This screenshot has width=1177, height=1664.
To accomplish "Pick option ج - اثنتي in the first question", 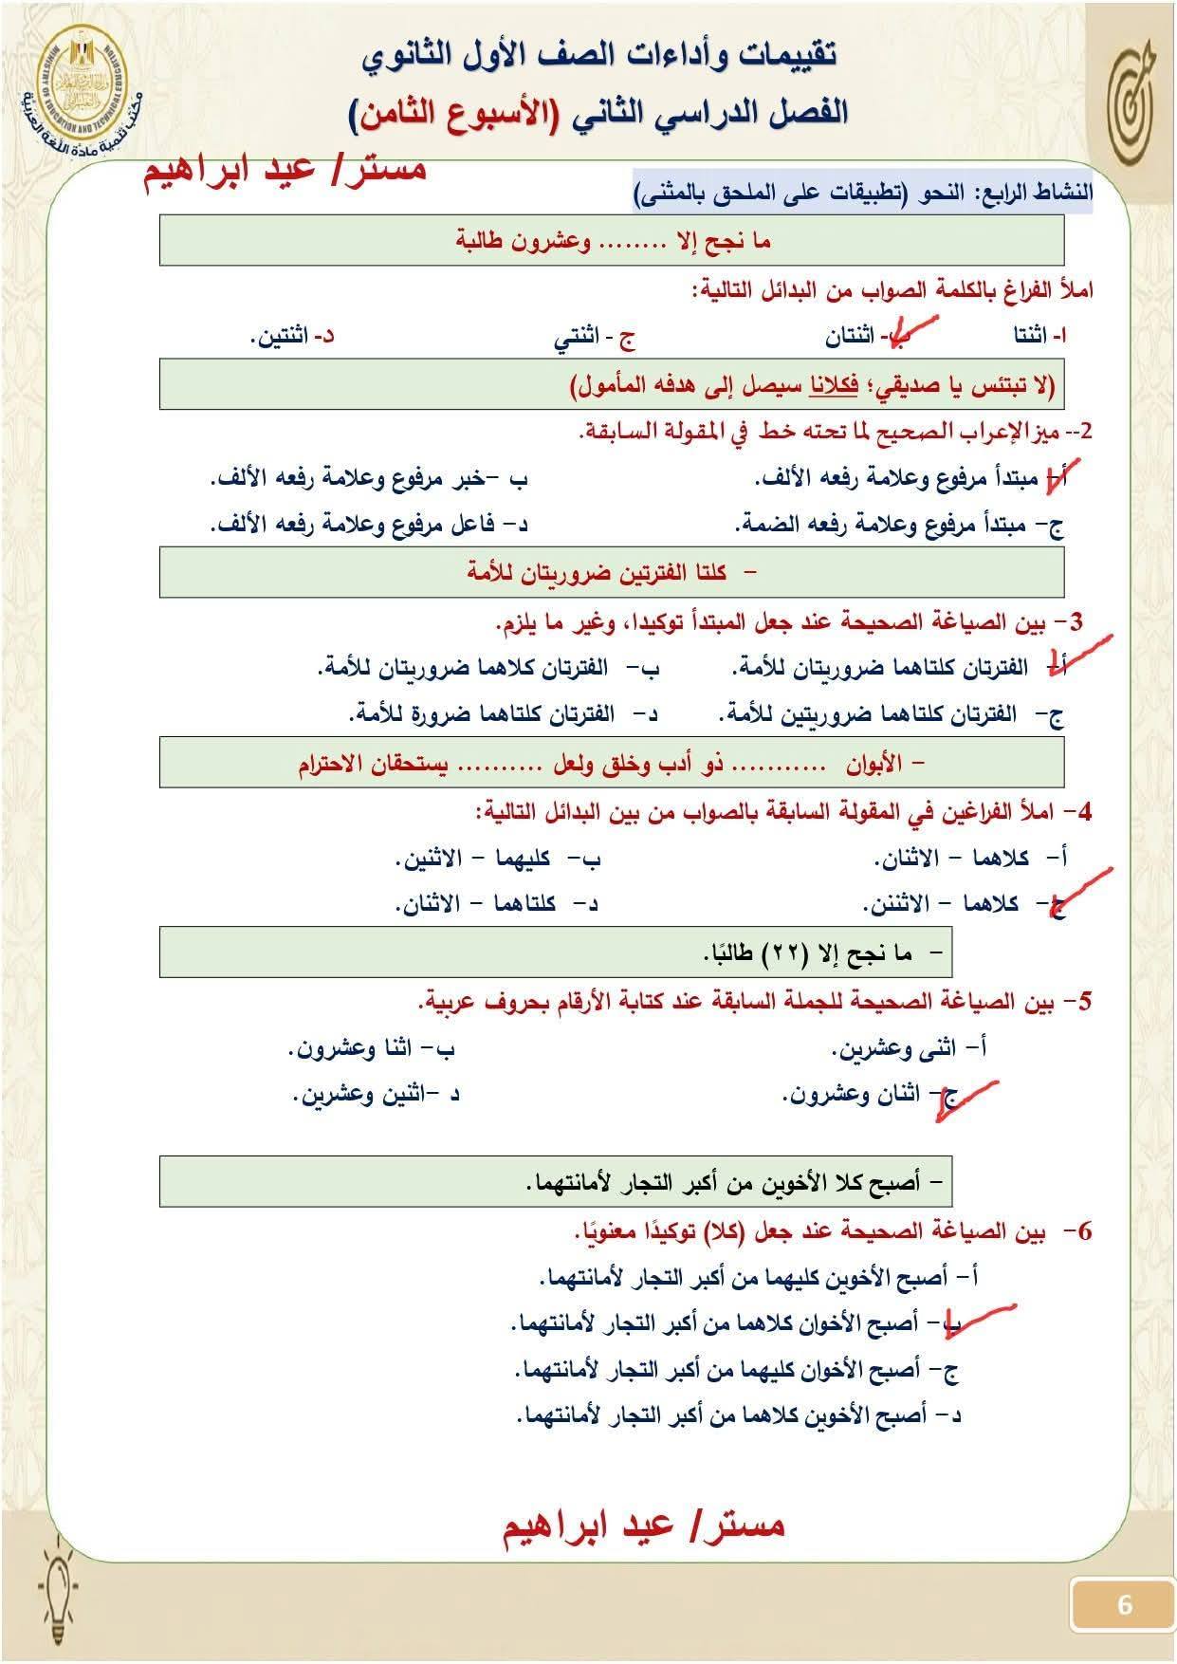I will (595, 337).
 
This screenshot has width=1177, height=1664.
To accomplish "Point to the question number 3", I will (1075, 623).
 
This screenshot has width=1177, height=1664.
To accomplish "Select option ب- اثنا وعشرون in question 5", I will (372, 1049).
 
